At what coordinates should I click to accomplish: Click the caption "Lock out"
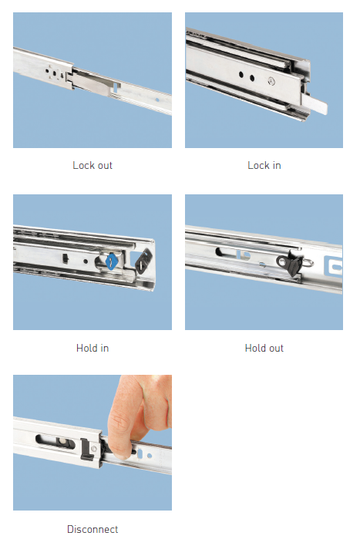93,165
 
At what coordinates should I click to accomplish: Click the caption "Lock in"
264,165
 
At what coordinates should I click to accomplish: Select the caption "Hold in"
93,348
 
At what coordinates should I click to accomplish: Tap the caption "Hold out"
264,348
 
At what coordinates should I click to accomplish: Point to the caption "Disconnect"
93,529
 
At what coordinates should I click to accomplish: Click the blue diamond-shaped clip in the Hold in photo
112,261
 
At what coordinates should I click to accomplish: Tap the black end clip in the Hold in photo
143,261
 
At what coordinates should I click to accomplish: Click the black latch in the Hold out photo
290,265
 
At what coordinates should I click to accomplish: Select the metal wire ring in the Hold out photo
308,262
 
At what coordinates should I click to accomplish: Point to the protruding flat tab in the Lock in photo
314,103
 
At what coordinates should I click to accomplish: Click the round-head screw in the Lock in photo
271,82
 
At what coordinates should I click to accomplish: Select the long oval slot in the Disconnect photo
56,441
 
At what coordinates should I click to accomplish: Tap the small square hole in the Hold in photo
66,258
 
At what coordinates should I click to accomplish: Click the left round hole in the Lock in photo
241,74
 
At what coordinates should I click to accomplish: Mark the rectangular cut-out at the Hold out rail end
333,267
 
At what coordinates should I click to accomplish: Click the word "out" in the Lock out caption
105,166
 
